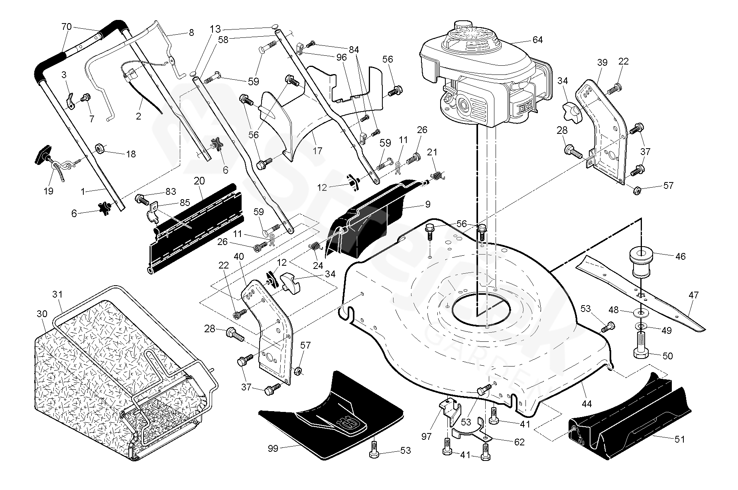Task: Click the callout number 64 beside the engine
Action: [537, 40]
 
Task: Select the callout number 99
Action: [274, 449]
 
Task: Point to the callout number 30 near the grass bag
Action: [42, 314]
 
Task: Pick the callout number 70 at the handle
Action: [67, 27]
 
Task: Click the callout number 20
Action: [199, 181]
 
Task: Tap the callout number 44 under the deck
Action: [586, 404]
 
